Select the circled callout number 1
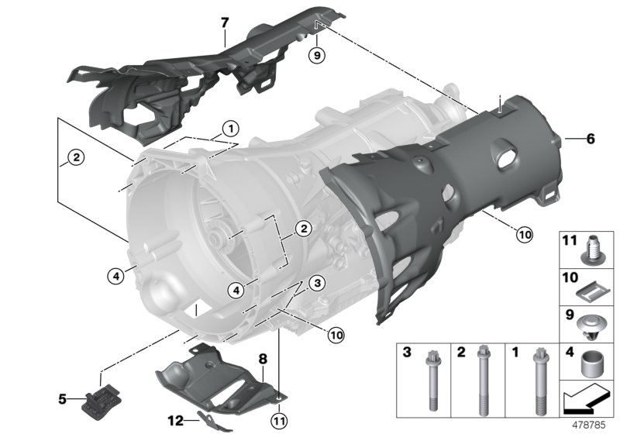[229, 127]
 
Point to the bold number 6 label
[590, 139]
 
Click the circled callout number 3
[316, 284]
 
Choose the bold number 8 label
[262, 359]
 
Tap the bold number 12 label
[177, 420]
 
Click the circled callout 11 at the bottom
[278, 421]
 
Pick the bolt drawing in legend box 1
[537, 379]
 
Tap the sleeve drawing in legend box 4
[594, 362]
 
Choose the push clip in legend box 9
[593, 323]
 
